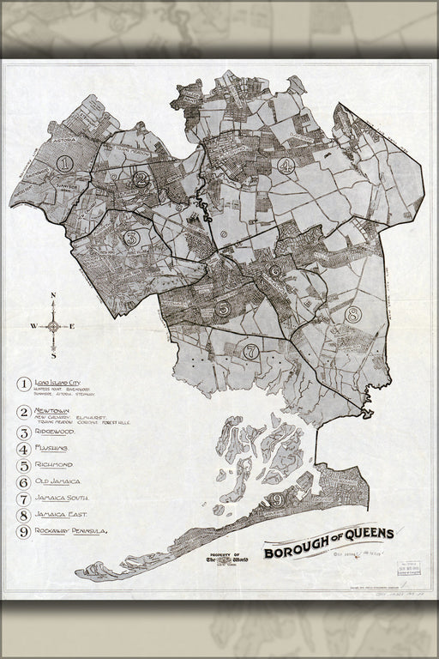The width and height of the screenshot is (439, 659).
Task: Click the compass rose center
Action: tap(53, 325)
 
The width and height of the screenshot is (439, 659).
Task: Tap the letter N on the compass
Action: tap(53, 296)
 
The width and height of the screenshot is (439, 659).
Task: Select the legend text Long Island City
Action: tap(63, 378)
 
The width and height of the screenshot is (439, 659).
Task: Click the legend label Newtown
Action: tap(53, 413)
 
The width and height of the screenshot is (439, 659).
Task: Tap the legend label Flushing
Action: tap(54, 449)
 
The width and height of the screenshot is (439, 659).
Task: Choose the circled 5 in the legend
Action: tap(23, 465)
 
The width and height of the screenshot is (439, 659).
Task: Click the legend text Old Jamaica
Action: tap(60, 481)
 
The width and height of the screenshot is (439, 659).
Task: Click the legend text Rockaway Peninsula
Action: tap(71, 531)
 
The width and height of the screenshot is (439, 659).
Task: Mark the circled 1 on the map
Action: tap(62, 160)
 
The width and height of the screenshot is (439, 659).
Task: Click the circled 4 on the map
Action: tap(286, 165)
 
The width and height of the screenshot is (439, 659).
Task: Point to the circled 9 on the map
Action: tap(276, 499)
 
